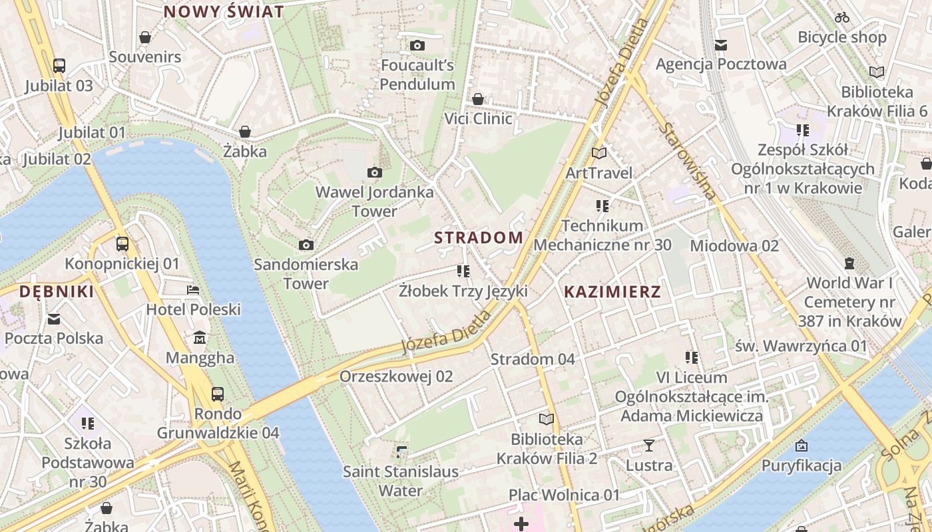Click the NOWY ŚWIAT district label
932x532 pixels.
point(224,11)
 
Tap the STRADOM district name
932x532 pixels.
point(479,237)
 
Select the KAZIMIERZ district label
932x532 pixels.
point(612,291)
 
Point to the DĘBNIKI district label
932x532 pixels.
point(57,291)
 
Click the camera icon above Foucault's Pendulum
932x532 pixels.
point(417,45)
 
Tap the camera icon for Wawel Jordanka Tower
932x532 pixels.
point(375,173)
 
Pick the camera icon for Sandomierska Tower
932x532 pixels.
point(306,245)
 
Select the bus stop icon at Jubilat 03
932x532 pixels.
point(59,66)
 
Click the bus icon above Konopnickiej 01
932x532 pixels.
point(122,244)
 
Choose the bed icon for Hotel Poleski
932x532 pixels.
point(193,290)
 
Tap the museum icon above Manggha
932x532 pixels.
point(200,338)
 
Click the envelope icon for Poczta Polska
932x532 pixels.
point(54,319)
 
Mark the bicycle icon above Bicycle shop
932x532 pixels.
point(842,17)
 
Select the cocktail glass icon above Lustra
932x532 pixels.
point(649,446)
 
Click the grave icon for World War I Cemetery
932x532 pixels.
point(849,263)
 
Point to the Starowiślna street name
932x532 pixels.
point(688,161)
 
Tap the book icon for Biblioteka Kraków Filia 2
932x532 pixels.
point(547,420)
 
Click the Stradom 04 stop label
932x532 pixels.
point(533,359)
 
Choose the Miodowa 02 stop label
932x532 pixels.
point(734,246)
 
